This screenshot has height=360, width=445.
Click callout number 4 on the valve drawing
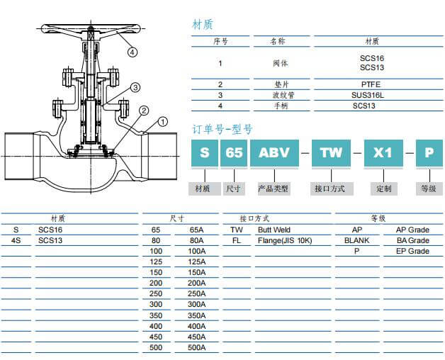[133, 51]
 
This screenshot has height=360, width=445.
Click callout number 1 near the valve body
[162, 122]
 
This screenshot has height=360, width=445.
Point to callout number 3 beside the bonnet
[134, 87]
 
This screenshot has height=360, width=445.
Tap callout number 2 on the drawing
[144, 110]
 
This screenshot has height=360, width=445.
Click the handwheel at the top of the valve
[93, 31]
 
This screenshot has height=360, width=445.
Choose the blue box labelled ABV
[274, 152]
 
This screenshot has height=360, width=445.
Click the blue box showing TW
[331, 152]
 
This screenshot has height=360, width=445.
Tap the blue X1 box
[383, 152]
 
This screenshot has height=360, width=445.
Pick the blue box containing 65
[234, 152]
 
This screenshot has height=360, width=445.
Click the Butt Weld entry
[274, 230]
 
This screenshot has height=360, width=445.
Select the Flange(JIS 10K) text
[285, 241]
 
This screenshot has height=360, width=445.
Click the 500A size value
[197, 347]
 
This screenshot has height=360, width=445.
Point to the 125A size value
[197, 262]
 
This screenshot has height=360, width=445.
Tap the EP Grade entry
[412, 252]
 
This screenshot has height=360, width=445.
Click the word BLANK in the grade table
[356, 241]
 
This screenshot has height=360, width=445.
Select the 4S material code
[16, 241]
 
